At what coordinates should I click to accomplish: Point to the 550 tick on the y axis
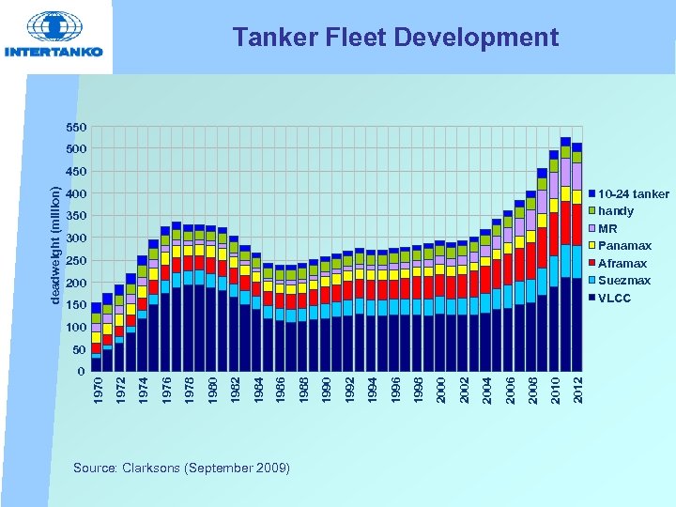tap(76, 127)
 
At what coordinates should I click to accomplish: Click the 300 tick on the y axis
tap(76, 238)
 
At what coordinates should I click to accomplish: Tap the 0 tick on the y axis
tap(83, 372)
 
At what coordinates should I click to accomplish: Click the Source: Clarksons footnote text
tap(181, 467)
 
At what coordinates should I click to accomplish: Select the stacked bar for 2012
tap(577, 253)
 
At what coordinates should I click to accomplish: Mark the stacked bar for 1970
tap(96, 333)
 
